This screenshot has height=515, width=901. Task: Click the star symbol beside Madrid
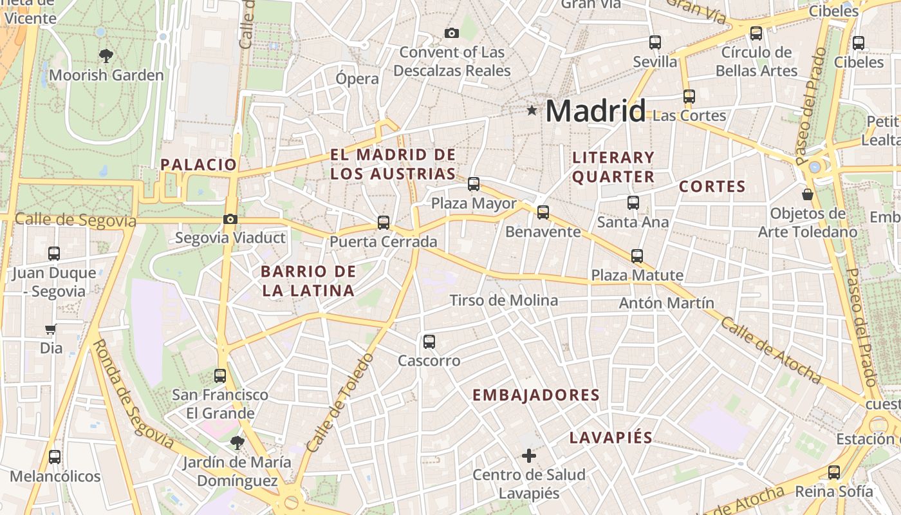tap(532, 111)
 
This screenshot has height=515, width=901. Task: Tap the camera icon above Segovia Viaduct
tap(230, 220)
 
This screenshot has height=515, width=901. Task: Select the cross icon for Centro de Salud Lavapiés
tap(528, 456)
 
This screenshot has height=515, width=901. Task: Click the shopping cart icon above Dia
tap(50, 330)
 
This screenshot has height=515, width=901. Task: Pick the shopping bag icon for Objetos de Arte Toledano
tap(807, 194)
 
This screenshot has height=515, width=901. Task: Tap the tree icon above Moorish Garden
tap(106, 56)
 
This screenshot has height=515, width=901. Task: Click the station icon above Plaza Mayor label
tap(474, 184)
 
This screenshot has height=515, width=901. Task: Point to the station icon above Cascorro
tap(429, 342)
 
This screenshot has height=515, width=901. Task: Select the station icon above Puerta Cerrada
tap(384, 223)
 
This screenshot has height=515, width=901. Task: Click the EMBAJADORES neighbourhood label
tap(536, 395)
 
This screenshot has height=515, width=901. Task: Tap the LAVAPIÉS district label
tap(611, 438)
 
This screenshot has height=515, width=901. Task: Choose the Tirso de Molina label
tap(504, 301)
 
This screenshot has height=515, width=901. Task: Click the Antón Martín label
tap(666, 303)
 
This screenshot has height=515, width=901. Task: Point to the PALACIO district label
tap(199, 164)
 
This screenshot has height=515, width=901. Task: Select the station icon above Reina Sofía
tap(834, 472)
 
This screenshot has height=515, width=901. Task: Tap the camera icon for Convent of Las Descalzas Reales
tap(452, 33)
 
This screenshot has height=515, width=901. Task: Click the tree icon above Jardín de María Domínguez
tap(237, 442)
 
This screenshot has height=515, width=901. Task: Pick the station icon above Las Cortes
tap(689, 97)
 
